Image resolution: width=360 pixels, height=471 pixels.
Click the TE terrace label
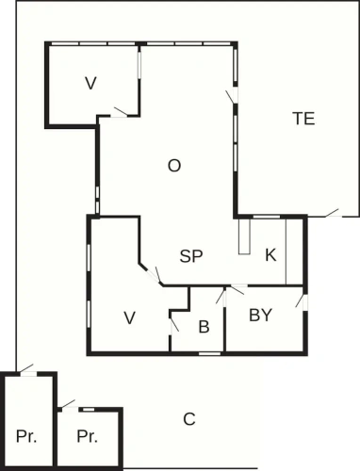(x=303, y=119)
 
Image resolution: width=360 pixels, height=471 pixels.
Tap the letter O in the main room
(x=174, y=166)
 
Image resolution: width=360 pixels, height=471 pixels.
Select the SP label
(x=191, y=256)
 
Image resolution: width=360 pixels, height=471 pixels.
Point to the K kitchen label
(x=270, y=254)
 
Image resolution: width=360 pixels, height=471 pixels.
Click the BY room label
(x=260, y=315)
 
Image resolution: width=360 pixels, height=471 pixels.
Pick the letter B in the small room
(x=204, y=327)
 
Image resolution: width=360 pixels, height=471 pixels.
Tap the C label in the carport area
(x=189, y=419)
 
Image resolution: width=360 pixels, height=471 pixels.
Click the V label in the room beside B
(x=129, y=317)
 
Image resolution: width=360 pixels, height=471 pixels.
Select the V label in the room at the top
(x=90, y=84)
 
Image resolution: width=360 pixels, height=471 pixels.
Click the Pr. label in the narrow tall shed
(x=26, y=436)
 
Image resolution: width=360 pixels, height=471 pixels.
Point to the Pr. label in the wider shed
(x=87, y=436)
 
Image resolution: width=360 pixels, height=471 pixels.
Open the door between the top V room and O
(x=119, y=113)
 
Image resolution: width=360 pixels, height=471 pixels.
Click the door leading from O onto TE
(x=233, y=96)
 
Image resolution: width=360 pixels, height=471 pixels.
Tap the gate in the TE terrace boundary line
(x=333, y=214)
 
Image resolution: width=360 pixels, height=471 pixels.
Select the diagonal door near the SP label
(x=155, y=275)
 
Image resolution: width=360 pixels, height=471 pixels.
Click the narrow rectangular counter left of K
(x=244, y=236)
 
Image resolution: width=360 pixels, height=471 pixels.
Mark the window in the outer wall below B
(x=209, y=353)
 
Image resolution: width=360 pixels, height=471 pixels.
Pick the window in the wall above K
(x=267, y=217)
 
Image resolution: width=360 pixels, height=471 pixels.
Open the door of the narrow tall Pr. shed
(x=26, y=370)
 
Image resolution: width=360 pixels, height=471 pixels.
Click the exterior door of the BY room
(x=303, y=301)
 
